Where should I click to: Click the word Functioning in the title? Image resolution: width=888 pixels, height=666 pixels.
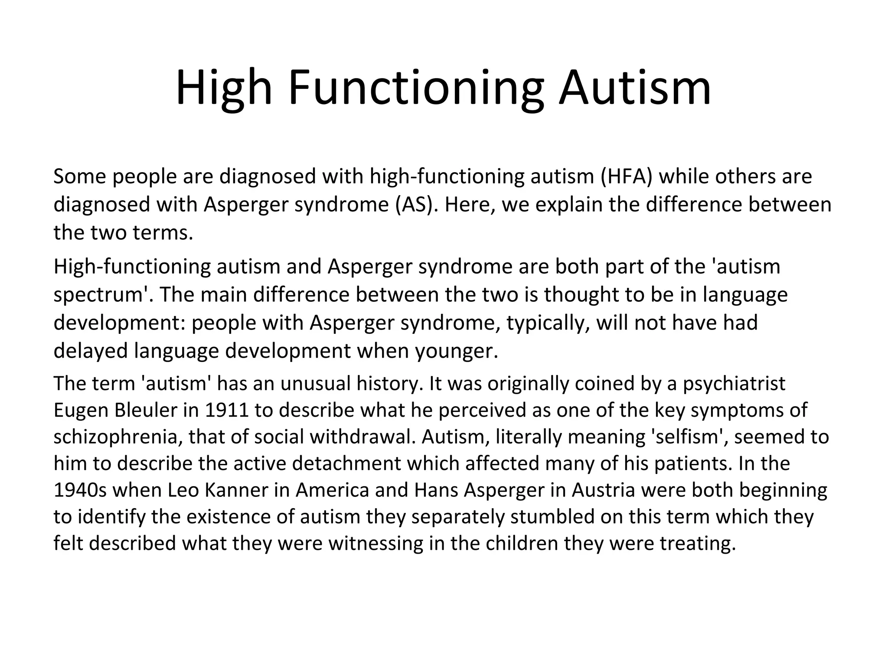[x=415, y=89]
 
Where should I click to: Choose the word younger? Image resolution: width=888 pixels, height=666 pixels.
[x=457, y=351]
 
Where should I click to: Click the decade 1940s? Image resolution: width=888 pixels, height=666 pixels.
[x=80, y=490]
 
